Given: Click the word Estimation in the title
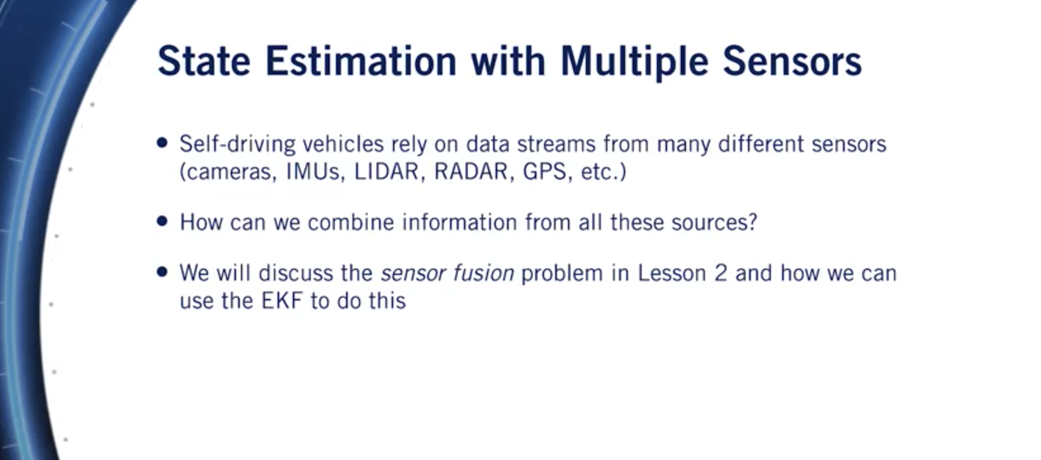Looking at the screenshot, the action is [x=361, y=61].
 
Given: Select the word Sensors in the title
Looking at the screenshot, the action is [x=792, y=61].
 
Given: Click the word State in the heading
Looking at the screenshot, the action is [x=204, y=61].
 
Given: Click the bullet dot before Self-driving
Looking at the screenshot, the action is [x=162, y=143].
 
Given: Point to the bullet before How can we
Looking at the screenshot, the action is [x=162, y=220].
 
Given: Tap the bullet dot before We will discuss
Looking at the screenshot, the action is [x=162, y=272].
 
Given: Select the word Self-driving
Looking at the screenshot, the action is [x=238, y=144].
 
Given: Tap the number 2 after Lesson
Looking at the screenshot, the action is [x=720, y=272].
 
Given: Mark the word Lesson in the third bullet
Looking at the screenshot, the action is [x=672, y=272].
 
